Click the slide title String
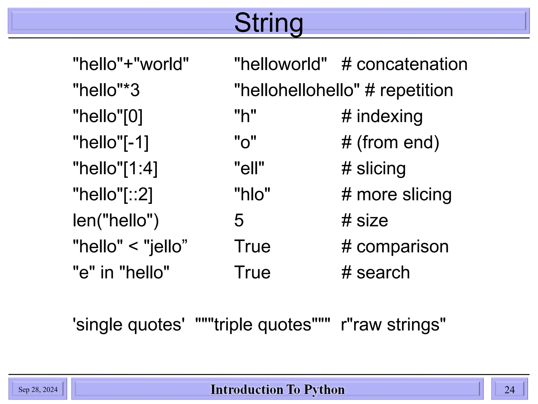pyautogui.click(x=268, y=23)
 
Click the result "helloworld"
pyautogui.click(x=280, y=64)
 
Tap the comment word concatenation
pyautogui.click(x=412, y=64)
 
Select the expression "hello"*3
pyautogui.click(x=106, y=90)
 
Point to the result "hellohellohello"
pyautogui.click(x=297, y=90)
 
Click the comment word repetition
pyautogui.click(x=416, y=90)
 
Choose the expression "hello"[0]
pyautogui.click(x=108, y=116)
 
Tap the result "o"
pyautogui.click(x=245, y=142)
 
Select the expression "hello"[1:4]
pyautogui.click(x=115, y=168)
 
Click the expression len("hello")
pyautogui.click(x=116, y=220)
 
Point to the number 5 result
pyautogui.click(x=239, y=220)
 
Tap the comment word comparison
pyautogui.click(x=402, y=246)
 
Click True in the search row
pyautogui.click(x=252, y=272)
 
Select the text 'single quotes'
pyautogui.click(x=129, y=325)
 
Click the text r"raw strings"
pyautogui.click(x=393, y=325)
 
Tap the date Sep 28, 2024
pyautogui.click(x=38, y=390)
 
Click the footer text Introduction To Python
pyautogui.click(x=277, y=390)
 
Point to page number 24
pyautogui.click(x=509, y=390)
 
